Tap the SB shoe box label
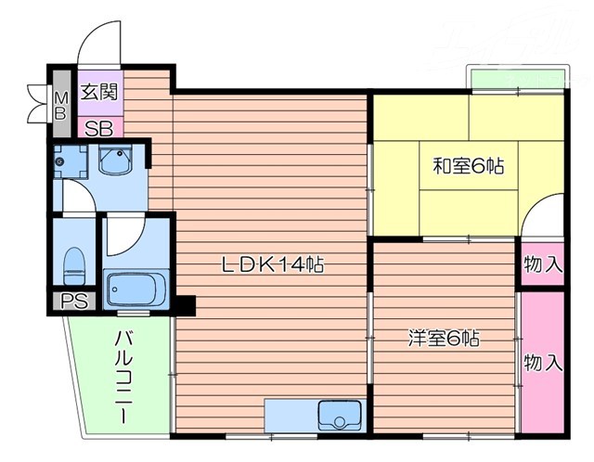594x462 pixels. pos(98,127)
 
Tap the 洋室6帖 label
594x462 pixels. pos(444,339)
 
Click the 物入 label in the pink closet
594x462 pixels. pos(542,363)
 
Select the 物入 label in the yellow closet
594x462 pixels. pos(542,263)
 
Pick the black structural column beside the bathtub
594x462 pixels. pos(186,302)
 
